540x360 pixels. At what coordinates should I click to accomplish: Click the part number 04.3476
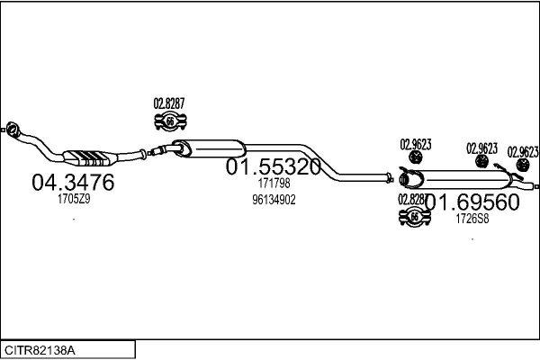(x=73, y=182)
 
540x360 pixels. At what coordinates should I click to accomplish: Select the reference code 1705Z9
(x=74, y=199)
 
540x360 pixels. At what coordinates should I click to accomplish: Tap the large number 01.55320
(x=273, y=167)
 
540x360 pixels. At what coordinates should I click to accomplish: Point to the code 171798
(x=274, y=184)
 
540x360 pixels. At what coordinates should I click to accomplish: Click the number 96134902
(x=274, y=200)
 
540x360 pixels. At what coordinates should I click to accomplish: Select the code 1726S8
(x=472, y=218)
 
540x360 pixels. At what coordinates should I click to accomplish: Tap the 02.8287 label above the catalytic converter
(x=168, y=103)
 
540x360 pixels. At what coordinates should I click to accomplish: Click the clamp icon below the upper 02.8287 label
(x=168, y=121)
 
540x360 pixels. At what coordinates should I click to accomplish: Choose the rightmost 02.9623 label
(x=523, y=151)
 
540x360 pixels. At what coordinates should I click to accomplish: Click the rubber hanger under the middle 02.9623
(x=481, y=162)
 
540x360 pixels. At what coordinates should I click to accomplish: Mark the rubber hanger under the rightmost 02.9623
(x=522, y=166)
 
